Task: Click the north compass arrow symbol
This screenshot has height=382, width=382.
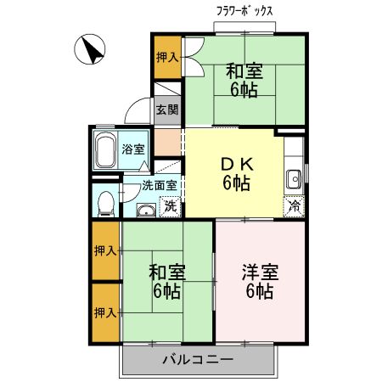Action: point(88,48)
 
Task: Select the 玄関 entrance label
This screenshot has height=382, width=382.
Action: point(166,110)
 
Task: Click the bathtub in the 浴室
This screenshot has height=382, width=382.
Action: point(106,150)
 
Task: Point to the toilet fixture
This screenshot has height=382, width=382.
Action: point(104,202)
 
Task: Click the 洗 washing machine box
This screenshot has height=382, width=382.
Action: point(171,205)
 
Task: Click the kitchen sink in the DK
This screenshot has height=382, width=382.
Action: point(293,179)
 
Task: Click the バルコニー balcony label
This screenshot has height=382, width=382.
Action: point(198,360)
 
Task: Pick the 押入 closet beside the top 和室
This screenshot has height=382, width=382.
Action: point(166,58)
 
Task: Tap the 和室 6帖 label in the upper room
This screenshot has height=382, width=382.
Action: point(244,81)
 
